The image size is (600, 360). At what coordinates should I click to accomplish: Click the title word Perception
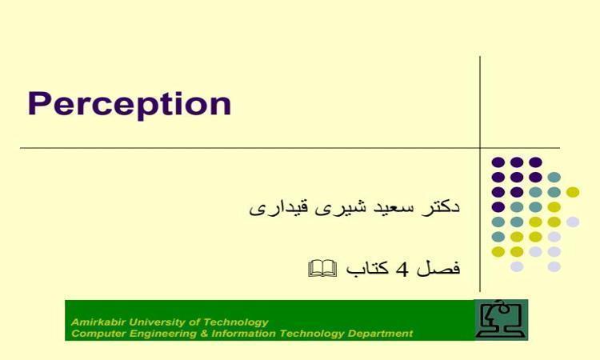click(x=130, y=104)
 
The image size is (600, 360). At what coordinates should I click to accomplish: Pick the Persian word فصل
click(x=438, y=268)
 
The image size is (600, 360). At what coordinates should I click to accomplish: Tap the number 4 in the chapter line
click(x=402, y=270)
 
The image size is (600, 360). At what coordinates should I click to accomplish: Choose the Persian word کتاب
click(x=367, y=267)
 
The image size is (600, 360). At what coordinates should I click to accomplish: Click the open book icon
click(x=322, y=268)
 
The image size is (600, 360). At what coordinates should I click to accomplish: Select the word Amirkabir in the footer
click(x=98, y=322)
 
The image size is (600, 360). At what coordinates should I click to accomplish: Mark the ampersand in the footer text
click(x=204, y=334)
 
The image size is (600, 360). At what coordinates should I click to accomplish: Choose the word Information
click(x=243, y=334)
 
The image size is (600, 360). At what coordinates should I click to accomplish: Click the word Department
click(x=380, y=334)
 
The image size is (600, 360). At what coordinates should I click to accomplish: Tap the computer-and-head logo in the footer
click(x=501, y=320)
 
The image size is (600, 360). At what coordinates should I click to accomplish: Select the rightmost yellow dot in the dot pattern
click(x=573, y=192)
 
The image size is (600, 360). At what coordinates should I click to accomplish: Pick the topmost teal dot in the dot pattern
click(x=554, y=177)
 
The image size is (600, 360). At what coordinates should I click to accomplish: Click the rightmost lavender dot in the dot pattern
click(x=573, y=222)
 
